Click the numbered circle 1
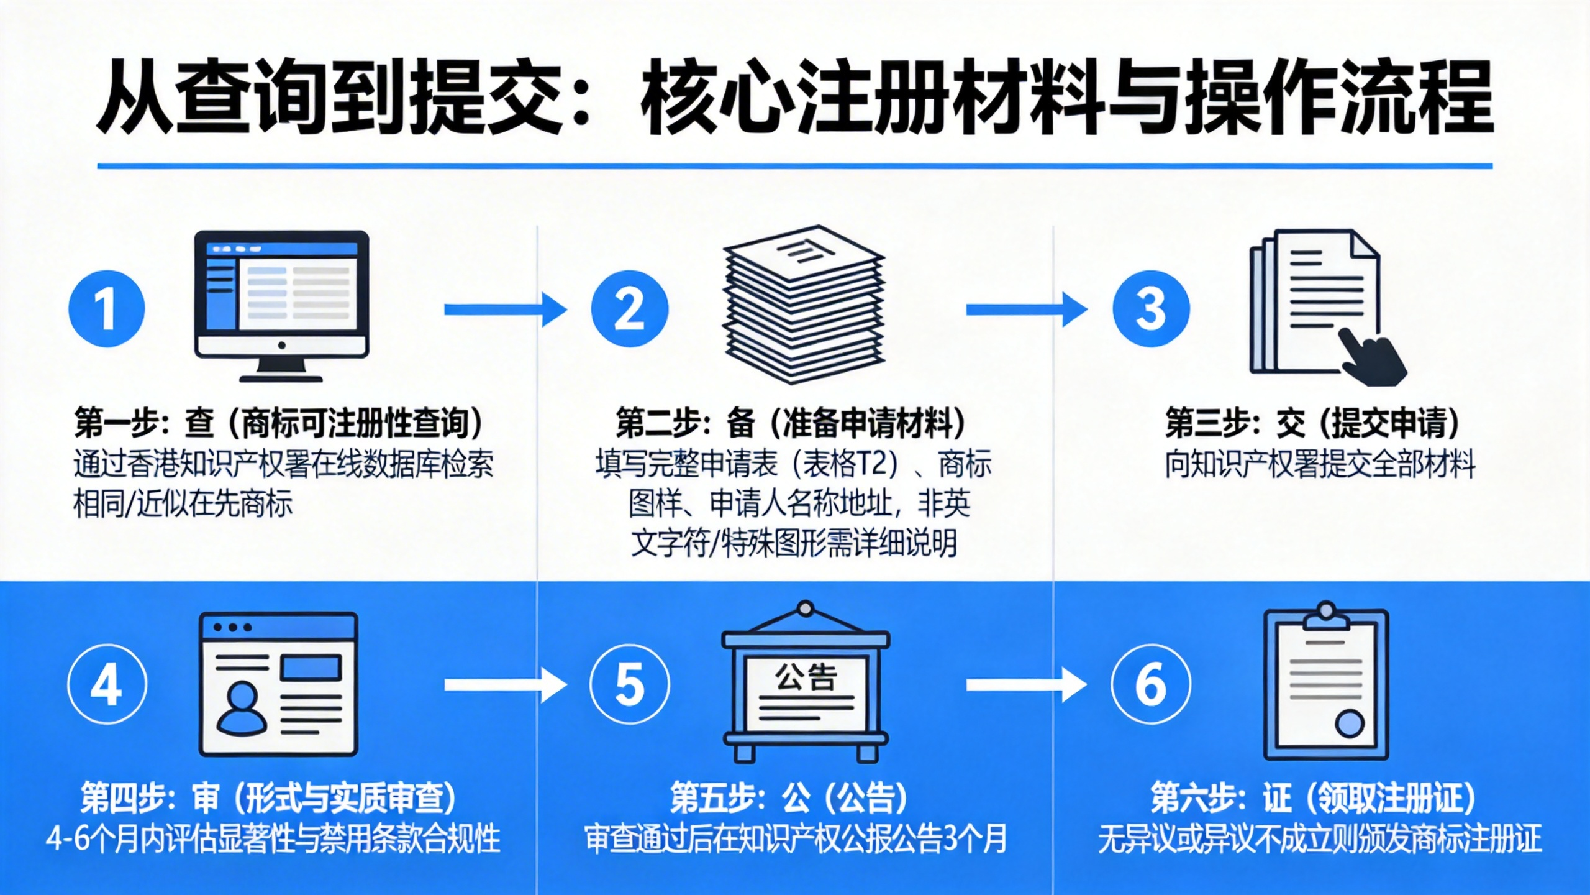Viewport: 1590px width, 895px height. click(106, 309)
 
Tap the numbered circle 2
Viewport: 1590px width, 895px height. click(629, 309)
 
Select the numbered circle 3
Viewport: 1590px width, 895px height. click(1151, 309)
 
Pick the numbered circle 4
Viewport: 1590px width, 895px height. click(107, 684)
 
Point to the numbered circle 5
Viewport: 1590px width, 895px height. click(629, 684)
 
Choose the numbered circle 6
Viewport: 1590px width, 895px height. click(1151, 684)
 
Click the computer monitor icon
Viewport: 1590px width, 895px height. click(281, 305)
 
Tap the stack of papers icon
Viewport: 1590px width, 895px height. click(804, 305)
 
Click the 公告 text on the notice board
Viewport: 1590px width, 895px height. click(806, 677)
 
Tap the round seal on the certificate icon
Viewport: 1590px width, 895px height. click(1349, 723)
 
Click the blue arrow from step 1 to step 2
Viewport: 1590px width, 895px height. click(505, 310)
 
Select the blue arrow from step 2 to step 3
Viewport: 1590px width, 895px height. click(1026, 310)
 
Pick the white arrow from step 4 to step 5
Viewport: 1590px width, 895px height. click(505, 685)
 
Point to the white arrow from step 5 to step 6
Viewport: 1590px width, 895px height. click(1026, 685)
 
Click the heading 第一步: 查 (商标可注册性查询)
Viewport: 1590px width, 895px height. click(278, 423)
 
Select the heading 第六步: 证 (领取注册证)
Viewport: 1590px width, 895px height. click(1312, 798)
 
